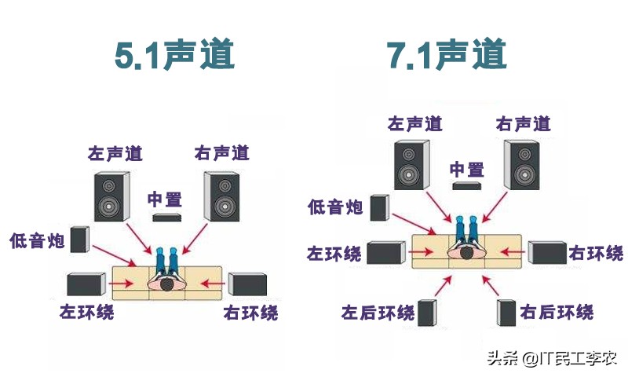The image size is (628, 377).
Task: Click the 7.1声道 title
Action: (447, 56)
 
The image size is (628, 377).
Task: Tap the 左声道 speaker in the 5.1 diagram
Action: (110, 196)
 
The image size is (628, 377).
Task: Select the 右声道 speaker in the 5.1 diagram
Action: (221, 196)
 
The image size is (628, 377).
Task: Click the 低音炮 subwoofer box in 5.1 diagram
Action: (79, 240)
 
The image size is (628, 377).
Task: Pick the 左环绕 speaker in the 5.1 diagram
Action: (86, 284)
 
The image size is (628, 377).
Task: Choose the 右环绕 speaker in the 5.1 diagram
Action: (248, 284)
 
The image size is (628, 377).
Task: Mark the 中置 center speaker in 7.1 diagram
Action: (466, 187)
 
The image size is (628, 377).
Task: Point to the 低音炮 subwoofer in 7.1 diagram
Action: (378, 207)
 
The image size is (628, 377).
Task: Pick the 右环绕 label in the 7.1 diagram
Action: (597, 253)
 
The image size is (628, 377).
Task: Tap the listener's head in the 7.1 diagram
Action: (465, 253)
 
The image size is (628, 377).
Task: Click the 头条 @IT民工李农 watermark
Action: (552, 359)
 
